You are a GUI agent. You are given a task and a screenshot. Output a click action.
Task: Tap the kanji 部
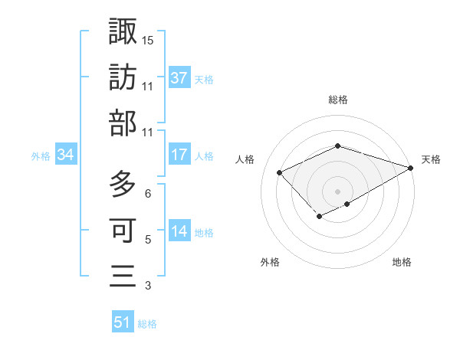click(123, 123)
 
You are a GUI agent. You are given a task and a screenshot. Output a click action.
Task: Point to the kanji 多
click(123, 184)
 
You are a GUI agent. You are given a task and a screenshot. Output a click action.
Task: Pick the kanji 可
click(123, 229)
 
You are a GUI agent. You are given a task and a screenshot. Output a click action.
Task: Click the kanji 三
click(123, 275)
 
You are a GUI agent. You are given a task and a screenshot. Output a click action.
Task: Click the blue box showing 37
click(179, 77)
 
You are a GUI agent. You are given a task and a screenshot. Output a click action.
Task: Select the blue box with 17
click(179, 155)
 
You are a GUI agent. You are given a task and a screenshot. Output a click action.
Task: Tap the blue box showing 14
click(179, 232)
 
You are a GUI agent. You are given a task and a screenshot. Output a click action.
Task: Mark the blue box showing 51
click(123, 322)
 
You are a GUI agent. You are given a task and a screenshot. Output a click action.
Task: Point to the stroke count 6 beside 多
click(148, 193)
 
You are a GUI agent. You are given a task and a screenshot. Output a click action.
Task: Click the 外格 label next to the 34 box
click(41, 156)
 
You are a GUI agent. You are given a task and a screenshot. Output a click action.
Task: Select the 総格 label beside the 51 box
click(147, 324)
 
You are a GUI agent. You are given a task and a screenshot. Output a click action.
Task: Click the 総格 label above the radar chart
click(338, 100)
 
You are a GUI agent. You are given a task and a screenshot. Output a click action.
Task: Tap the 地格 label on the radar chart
click(402, 262)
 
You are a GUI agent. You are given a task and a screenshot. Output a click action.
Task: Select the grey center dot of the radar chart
click(338, 191)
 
